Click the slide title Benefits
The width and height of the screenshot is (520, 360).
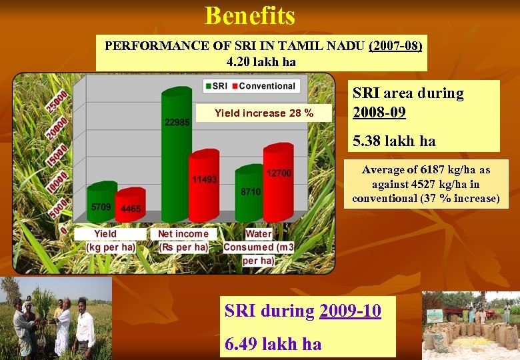tap(250, 15)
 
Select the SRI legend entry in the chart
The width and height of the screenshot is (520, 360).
tap(216, 86)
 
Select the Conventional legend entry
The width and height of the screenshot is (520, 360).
tap(266, 86)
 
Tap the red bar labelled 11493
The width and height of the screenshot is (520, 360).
tap(205, 190)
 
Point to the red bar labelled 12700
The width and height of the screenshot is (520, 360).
tap(278, 183)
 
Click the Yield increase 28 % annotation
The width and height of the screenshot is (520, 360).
tap(264, 113)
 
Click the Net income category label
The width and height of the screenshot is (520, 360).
tap(183, 234)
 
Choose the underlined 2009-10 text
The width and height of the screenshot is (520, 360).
tap(350, 311)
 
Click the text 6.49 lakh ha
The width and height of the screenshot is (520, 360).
tap(273, 344)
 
